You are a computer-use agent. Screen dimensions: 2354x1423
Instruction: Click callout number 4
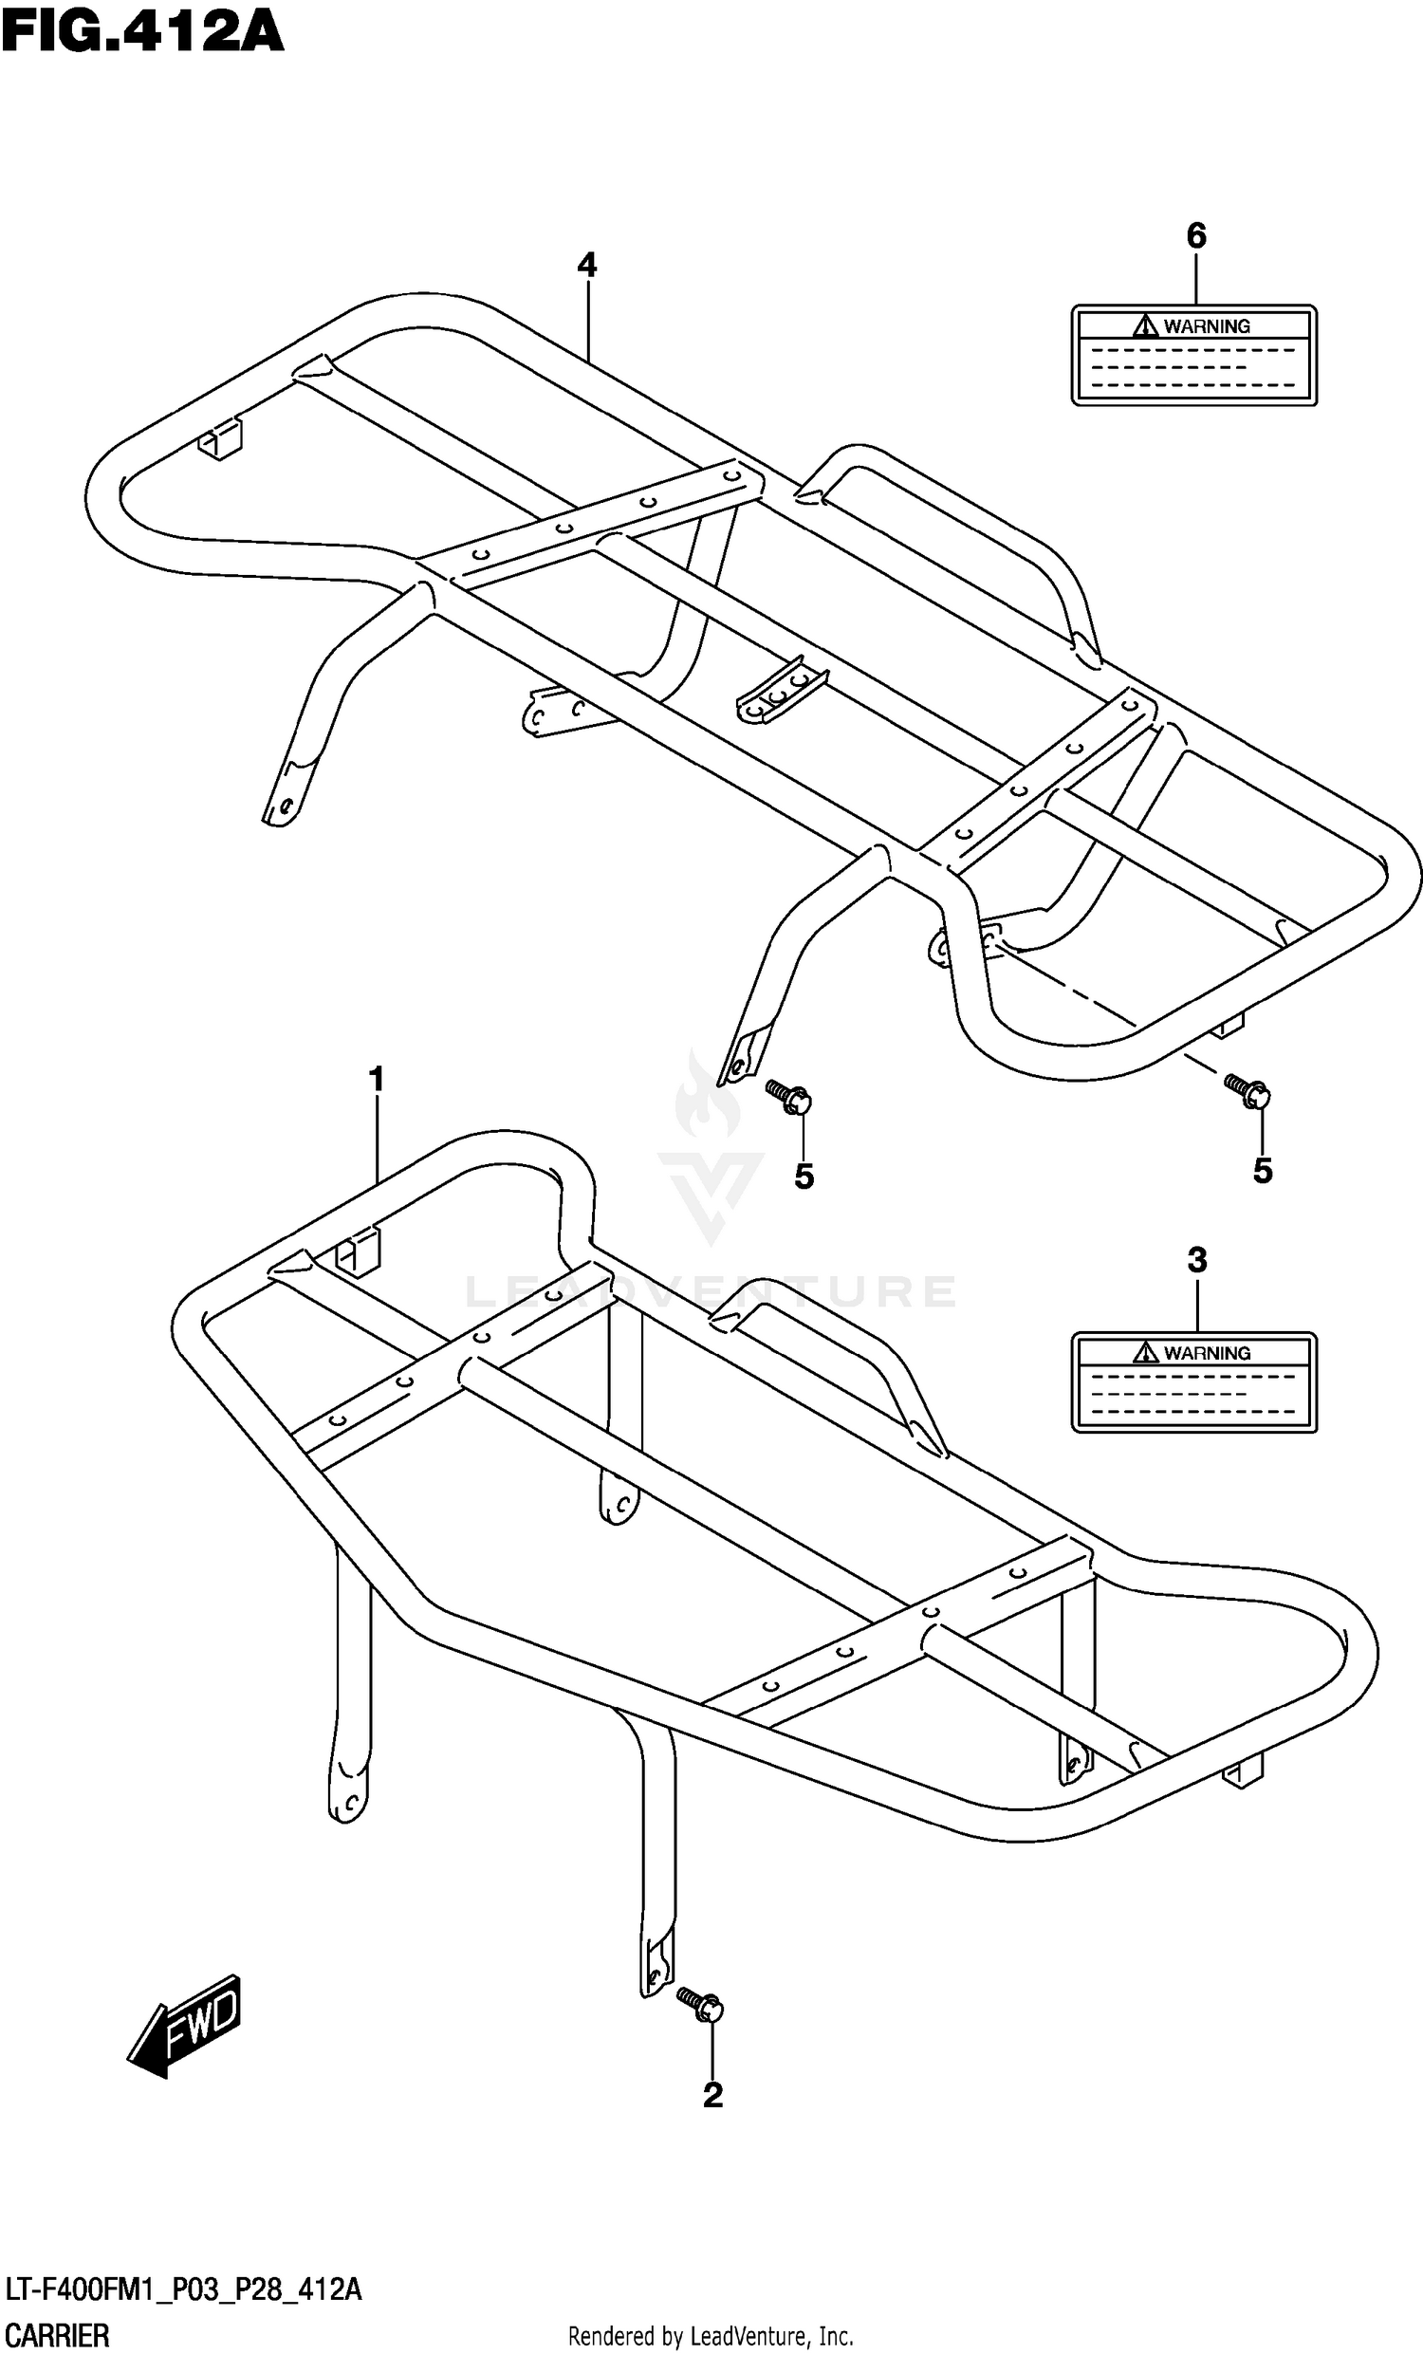point(586,265)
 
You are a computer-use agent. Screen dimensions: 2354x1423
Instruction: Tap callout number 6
point(1195,235)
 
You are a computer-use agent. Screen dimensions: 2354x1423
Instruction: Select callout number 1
point(377,1080)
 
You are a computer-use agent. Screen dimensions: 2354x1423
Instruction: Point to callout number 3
point(1196,1260)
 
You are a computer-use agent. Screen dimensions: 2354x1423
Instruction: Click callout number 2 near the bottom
point(712,2095)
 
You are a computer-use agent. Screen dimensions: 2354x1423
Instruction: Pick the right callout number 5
point(1263,1170)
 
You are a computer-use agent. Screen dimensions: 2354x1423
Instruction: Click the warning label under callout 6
point(1193,356)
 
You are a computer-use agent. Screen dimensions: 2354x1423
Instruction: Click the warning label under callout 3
point(1193,1382)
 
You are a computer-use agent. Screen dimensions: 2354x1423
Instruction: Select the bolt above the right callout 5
point(1247,1090)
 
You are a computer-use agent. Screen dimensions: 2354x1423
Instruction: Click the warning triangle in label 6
point(1145,326)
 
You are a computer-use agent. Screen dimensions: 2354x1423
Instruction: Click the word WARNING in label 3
point(1207,1353)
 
